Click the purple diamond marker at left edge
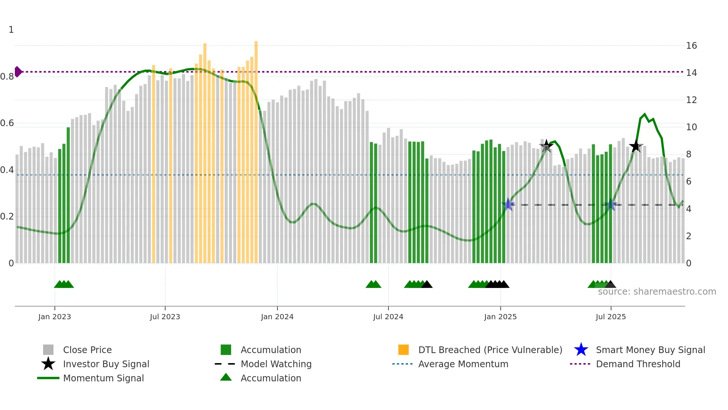pyautogui.click(x=18, y=72)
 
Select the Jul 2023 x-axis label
pyautogui.click(x=165, y=317)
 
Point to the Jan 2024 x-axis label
pyautogui.click(x=277, y=317)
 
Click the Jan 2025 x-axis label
pyautogui.click(x=500, y=317)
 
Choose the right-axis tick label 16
pyautogui.click(x=691, y=46)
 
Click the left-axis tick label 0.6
pyautogui.click(x=7, y=123)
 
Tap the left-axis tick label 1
pyautogui.click(x=11, y=30)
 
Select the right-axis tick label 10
pyautogui.click(x=691, y=127)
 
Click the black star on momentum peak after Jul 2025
pyautogui.click(x=636, y=146)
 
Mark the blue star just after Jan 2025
pyautogui.click(x=508, y=205)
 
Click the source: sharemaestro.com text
pyautogui.click(x=657, y=292)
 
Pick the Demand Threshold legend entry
pyautogui.click(x=638, y=364)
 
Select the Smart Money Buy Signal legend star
pyautogui.click(x=581, y=350)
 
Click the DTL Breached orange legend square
pyautogui.click(x=403, y=350)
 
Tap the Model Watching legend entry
pyautogui.click(x=276, y=364)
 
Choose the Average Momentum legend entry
pyautogui.click(x=463, y=364)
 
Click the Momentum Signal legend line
pyautogui.click(x=48, y=378)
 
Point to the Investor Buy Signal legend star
pyautogui.click(x=48, y=364)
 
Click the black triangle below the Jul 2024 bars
pyautogui.click(x=427, y=285)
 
